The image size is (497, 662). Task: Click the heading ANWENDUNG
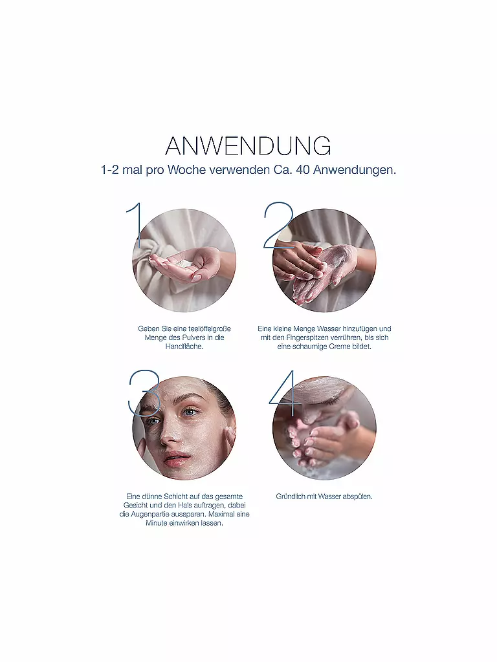(248, 146)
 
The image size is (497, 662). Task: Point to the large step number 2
(278, 226)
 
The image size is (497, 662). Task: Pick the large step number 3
(144, 393)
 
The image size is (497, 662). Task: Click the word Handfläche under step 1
(184, 347)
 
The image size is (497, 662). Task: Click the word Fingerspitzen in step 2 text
(308, 337)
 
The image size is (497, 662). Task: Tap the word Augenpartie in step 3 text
(148, 514)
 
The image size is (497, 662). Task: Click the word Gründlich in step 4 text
(291, 496)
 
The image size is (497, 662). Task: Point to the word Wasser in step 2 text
(329, 328)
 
